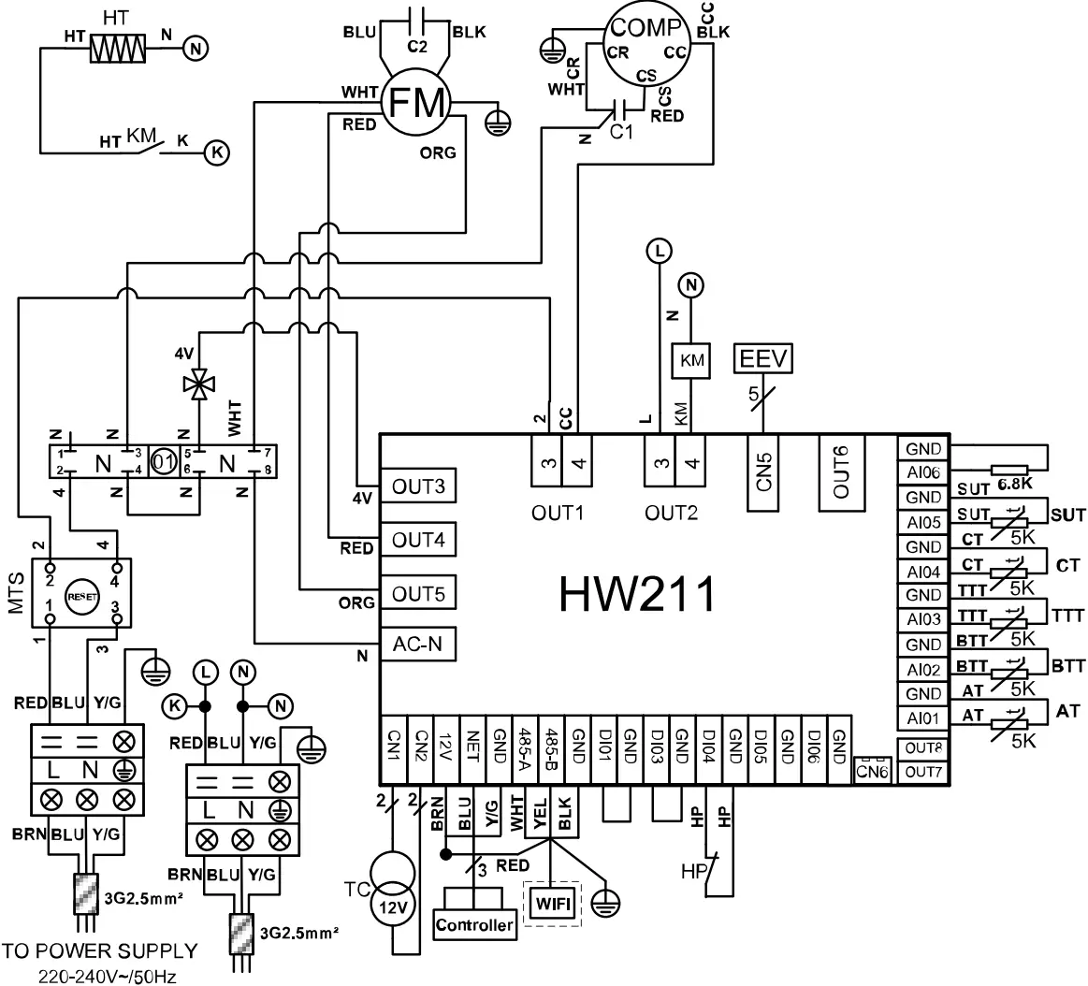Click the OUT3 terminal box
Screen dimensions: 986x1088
coord(417,487)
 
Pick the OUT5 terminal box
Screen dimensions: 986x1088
coord(417,595)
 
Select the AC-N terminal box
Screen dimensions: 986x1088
coord(417,645)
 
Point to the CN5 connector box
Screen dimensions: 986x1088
coord(765,473)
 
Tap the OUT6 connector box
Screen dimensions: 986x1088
coord(841,473)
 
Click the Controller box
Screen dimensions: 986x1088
coord(475,924)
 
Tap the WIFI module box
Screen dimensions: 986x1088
coord(552,904)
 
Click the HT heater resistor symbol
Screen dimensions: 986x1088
coord(118,49)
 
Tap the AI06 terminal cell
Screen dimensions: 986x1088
coord(923,473)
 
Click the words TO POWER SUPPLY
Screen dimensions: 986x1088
coord(99,951)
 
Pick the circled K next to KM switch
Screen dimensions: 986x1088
coord(216,152)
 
